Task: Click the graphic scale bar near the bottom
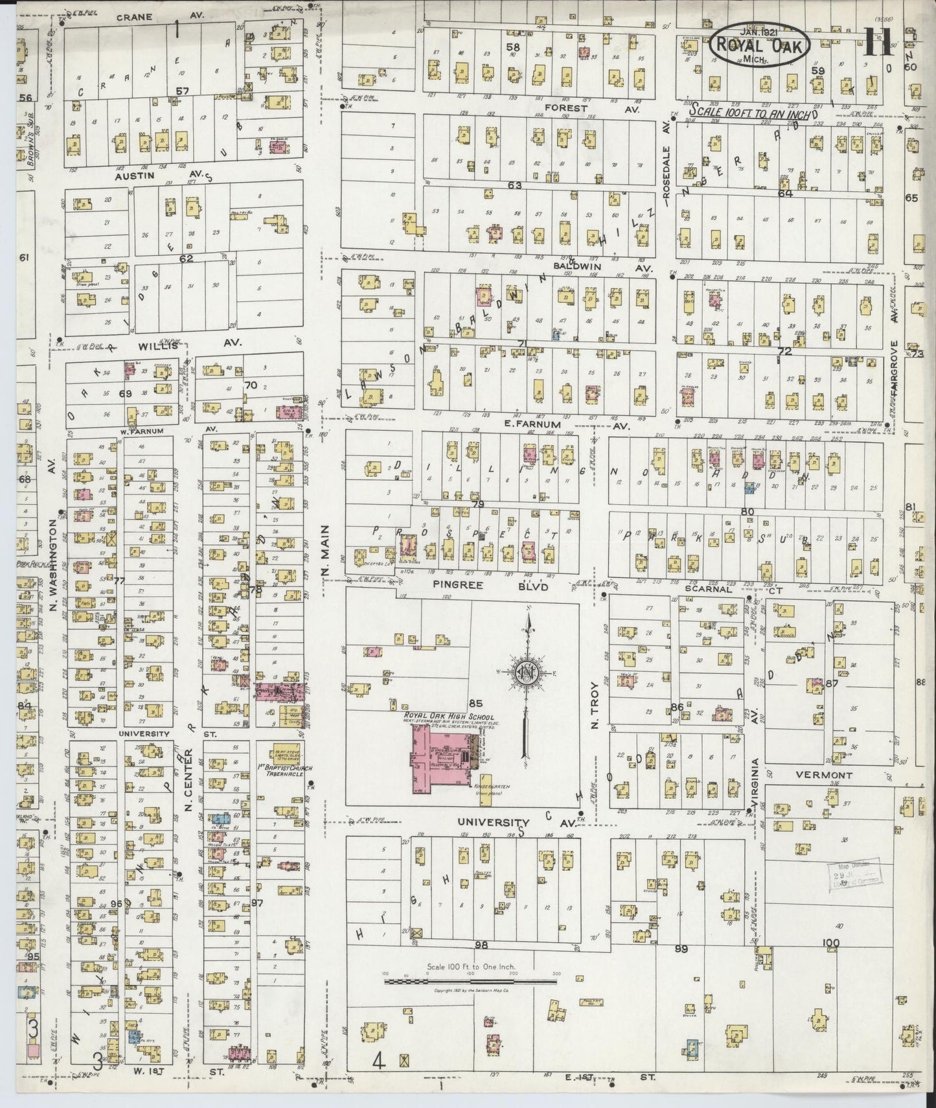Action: pyautogui.click(x=470, y=982)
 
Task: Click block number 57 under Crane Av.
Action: pyautogui.click(x=183, y=91)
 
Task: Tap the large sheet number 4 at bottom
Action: pyautogui.click(x=379, y=1061)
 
